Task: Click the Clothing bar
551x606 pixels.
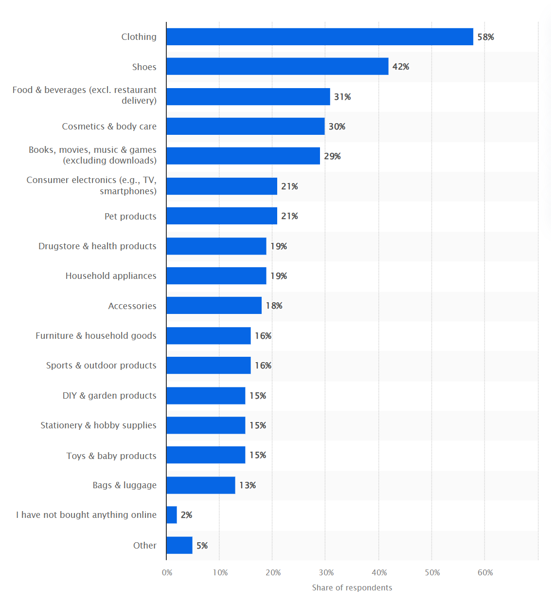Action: coord(320,37)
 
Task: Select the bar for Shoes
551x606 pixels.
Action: coord(277,67)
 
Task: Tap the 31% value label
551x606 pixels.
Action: coord(342,97)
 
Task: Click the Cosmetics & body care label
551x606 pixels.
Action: coord(109,127)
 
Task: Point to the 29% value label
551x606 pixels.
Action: coord(332,156)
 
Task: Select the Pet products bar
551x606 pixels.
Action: coord(222,216)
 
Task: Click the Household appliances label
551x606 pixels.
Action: coord(111,276)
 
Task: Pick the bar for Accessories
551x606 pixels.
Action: coord(214,306)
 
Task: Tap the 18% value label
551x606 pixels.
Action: coord(274,306)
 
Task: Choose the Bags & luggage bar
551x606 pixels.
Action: coord(200,485)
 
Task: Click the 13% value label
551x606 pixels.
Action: coord(248,485)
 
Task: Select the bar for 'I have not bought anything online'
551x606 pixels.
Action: coord(172,515)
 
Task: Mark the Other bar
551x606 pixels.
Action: coord(179,545)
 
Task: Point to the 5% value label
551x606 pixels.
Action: coord(202,546)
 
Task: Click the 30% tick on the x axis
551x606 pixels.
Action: coord(326,572)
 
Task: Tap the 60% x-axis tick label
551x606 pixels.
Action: coord(485,572)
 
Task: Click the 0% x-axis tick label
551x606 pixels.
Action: coord(167,572)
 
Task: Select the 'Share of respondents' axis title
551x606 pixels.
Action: coord(352,588)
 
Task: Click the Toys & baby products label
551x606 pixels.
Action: coord(111,456)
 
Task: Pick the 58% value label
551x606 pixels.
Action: coord(485,37)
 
